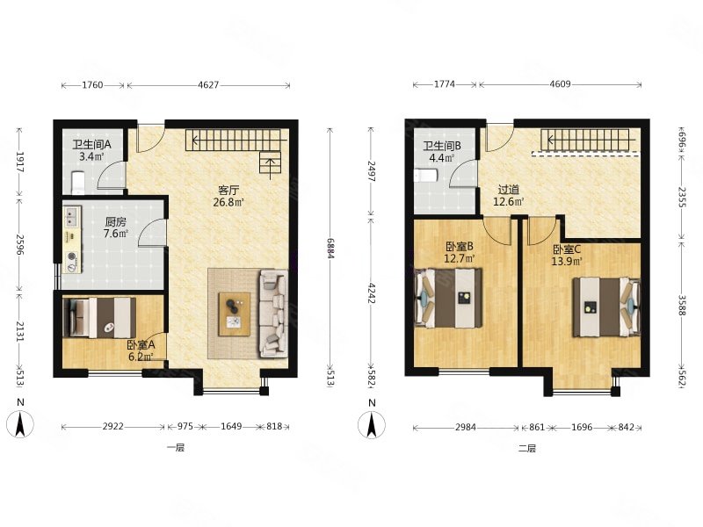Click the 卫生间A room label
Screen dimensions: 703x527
[91, 144]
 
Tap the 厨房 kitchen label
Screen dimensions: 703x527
[116, 222]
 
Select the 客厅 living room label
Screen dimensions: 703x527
[228, 191]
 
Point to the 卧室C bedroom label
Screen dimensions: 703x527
[567, 249]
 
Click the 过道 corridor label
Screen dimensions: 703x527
[509, 190]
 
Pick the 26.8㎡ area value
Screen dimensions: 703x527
[228, 202]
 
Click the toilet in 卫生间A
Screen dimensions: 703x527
[77, 183]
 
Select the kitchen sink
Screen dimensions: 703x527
[71, 217]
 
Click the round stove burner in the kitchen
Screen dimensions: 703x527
[71, 256]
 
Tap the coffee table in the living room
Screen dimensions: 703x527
[235, 314]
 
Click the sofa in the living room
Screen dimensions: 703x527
[273, 314]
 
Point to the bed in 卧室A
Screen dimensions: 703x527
[100, 318]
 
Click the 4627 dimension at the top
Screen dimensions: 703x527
[208, 85]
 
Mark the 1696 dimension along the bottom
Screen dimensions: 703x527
[582, 428]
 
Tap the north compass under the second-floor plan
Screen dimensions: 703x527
[372, 424]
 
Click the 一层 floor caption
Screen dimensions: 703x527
[176, 448]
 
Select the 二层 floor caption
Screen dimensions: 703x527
[527, 448]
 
